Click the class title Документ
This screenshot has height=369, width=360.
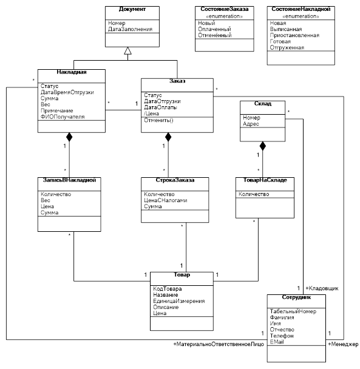(x=132, y=9)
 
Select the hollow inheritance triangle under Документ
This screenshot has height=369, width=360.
(x=127, y=50)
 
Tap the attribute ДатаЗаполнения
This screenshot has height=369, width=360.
(x=130, y=29)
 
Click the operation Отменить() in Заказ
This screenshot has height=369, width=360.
(x=158, y=120)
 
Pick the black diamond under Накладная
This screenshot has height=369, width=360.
(x=69, y=137)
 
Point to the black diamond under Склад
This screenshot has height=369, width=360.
(x=262, y=146)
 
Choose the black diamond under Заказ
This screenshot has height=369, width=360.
(x=168, y=137)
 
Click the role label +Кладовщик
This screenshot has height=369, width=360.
(x=322, y=288)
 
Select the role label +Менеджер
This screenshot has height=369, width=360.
(x=343, y=344)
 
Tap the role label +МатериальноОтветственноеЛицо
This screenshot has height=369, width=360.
(x=219, y=344)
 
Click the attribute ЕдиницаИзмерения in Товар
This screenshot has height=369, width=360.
(x=178, y=301)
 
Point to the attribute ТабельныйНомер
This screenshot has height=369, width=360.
(x=293, y=311)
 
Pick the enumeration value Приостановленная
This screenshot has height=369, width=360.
(x=294, y=35)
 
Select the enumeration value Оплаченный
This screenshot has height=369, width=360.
(x=214, y=29)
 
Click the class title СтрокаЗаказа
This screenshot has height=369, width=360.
(x=175, y=180)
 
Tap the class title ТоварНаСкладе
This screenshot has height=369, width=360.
(x=265, y=180)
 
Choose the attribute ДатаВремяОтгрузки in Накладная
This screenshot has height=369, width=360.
(x=67, y=92)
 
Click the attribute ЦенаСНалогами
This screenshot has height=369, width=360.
(x=166, y=200)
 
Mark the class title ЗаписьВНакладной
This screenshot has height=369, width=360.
(x=69, y=180)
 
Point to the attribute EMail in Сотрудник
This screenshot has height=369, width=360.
(x=277, y=342)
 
